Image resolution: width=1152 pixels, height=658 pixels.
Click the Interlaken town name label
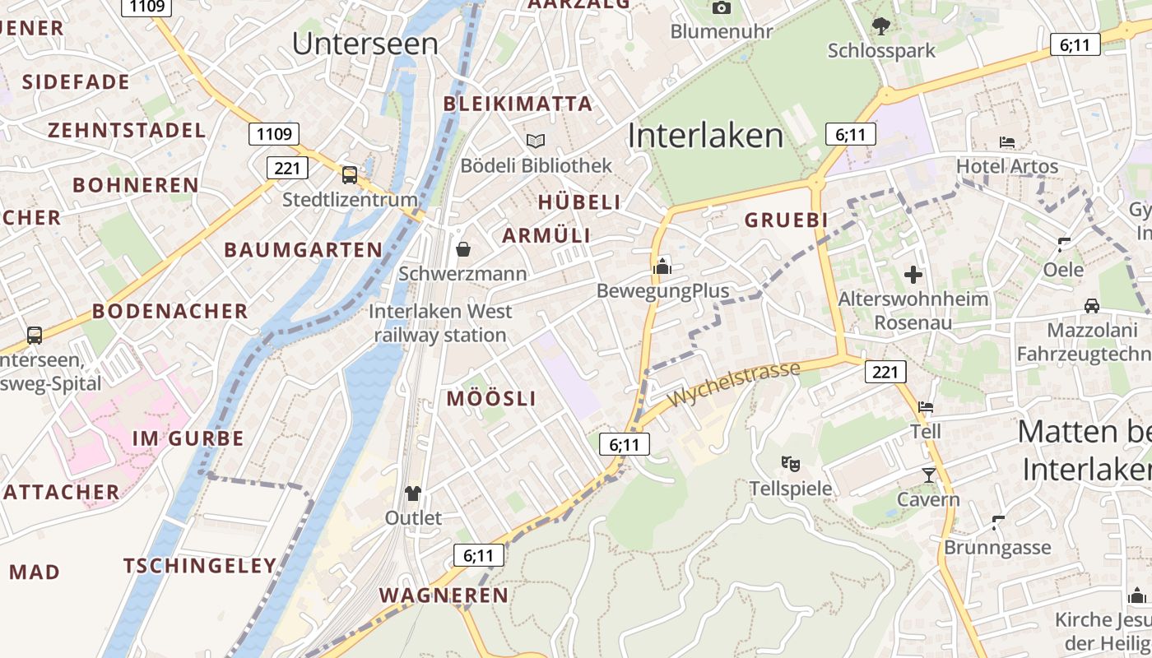[705, 136]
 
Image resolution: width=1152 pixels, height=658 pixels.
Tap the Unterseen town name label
[365, 44]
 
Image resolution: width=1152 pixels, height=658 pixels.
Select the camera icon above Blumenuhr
[722, 8]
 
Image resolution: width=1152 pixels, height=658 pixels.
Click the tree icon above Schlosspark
[880, 26]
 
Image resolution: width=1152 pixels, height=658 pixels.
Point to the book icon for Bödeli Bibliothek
[536, 141]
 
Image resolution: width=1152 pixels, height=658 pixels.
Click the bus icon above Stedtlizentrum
[350, 174]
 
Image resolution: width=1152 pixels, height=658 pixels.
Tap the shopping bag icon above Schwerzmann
[463, 249]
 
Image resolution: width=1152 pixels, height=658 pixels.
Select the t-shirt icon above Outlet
[412, 493]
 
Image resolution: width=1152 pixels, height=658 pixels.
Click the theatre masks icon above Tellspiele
[791, 464]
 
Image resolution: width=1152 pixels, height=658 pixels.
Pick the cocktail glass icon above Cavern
[928, 475]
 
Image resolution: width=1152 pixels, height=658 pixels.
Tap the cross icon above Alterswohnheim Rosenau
[913, 274]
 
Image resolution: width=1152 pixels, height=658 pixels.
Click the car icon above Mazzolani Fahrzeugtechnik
[1092, 306]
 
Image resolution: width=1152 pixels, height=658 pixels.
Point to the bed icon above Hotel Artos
[1006, 142]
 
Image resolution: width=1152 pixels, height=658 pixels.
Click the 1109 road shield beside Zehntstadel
[274, 134]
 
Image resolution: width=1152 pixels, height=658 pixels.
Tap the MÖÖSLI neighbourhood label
[491, 399]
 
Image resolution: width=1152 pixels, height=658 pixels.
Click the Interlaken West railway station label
[440, 323]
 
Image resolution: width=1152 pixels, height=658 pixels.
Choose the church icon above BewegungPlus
[662, 266]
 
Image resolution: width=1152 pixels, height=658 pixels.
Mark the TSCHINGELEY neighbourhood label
[199, 566]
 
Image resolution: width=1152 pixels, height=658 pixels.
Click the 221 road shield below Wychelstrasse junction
[885, 372]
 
